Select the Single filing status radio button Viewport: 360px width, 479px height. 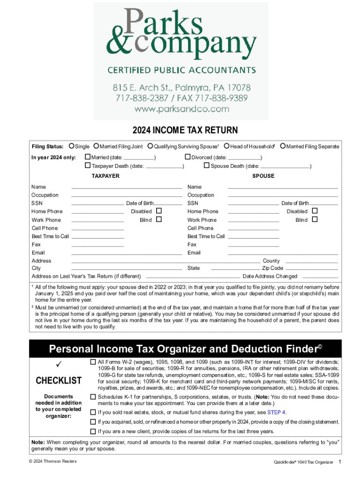tap(72, 146)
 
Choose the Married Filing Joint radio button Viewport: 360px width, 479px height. tap(96, 146)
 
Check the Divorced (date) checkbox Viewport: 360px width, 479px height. tap(188, 157)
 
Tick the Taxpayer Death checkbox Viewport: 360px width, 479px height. tap(87, 166)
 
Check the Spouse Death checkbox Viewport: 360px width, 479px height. tap(207, 166)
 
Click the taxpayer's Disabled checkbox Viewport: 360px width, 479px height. tap(158, 211)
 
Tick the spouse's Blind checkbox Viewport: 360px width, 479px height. tap(314, 220)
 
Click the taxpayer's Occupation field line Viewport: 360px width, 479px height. tap(126, 196)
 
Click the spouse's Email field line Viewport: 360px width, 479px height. tap(282, 253)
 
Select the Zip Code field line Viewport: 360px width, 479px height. tap(311, 269)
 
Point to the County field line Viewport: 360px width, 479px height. tap(311, 261)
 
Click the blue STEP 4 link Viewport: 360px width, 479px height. tap(276, 412)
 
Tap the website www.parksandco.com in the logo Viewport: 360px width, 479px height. tap(181, 109)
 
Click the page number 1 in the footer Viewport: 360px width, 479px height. tap(340, 462)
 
